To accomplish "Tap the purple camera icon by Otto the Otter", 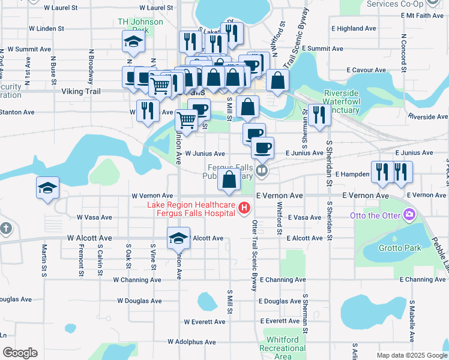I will (409, 214).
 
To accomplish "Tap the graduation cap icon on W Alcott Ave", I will (178, 238).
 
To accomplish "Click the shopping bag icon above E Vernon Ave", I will (229, 179).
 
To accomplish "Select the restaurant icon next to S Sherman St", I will (319, 115).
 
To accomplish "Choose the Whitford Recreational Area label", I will (282, 348).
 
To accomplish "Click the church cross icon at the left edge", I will (5, 229).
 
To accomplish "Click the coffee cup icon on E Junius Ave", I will (262, 147).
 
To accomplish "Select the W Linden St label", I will (42, 28).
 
